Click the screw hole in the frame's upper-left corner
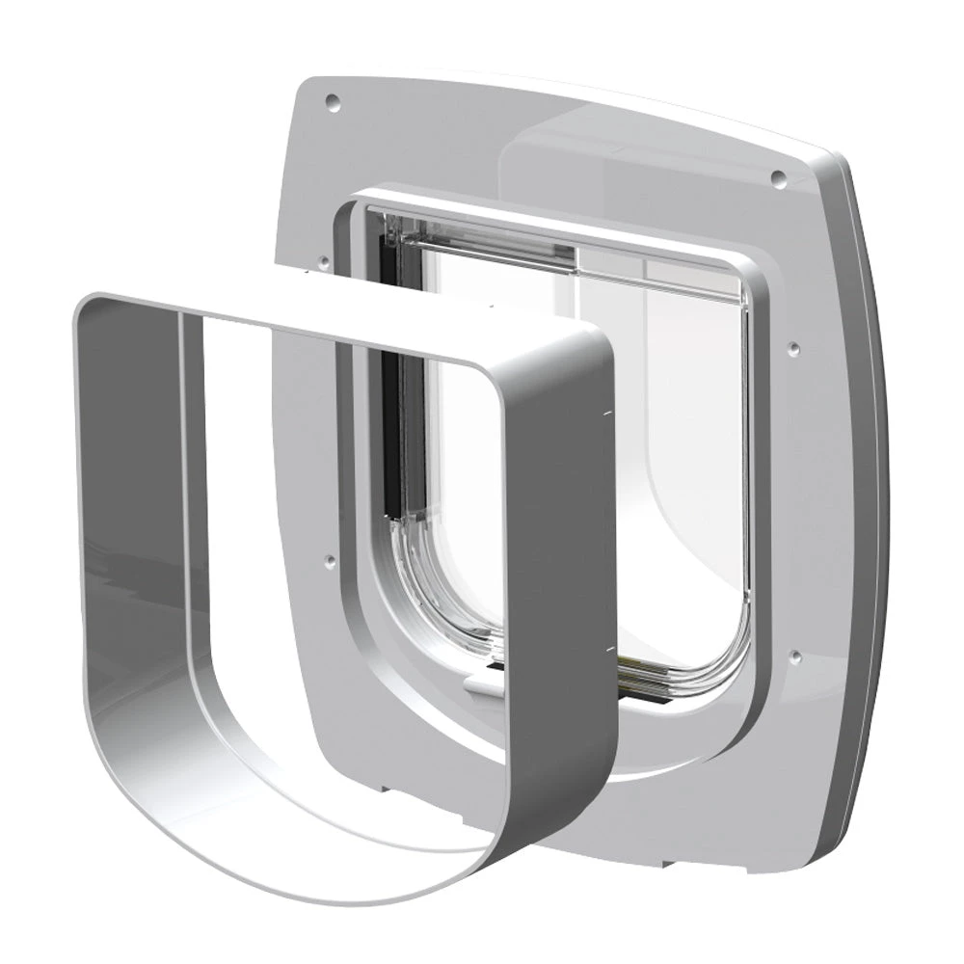(332, 98)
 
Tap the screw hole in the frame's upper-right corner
(777, 175)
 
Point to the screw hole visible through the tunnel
(330, 557)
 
